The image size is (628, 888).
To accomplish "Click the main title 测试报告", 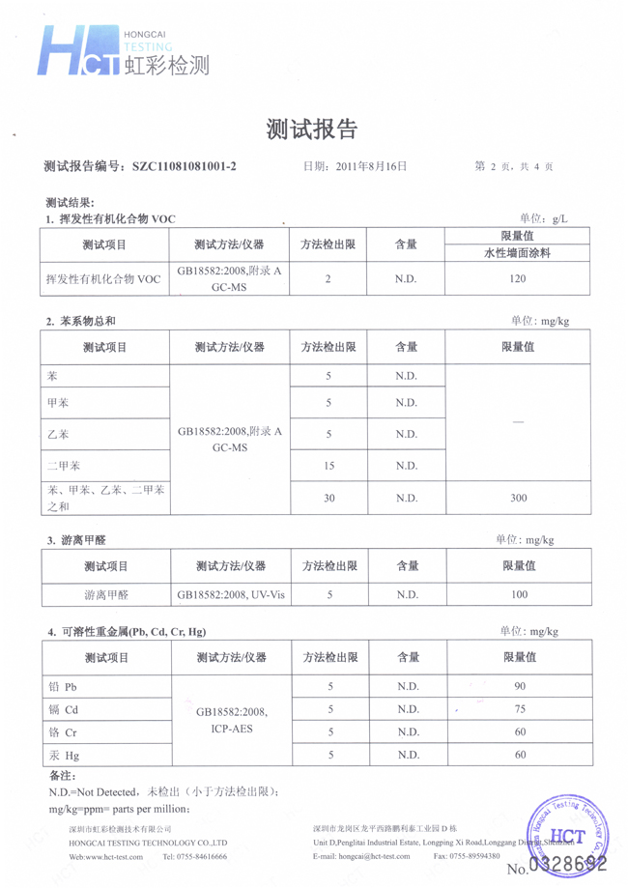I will click(312, 129).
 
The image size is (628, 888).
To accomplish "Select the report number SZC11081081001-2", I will click(184, 166).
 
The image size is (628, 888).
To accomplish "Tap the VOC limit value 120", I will click(517, 279).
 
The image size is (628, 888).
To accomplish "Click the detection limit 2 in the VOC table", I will click(328, 279).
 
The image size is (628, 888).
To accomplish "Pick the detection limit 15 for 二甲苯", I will click(328, 466).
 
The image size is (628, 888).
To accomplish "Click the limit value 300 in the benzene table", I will click(517, 498).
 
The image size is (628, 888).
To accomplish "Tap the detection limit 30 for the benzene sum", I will click(328, 498).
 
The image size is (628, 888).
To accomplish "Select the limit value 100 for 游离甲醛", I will click(519, 595).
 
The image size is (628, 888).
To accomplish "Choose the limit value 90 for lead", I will click(520, 687).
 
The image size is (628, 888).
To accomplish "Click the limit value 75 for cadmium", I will click(520, 709).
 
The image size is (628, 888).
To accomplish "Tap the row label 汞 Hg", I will click(63, 755).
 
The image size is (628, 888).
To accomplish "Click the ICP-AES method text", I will click(232, 730).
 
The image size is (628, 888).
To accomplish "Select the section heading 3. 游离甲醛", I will click(78, 539).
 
